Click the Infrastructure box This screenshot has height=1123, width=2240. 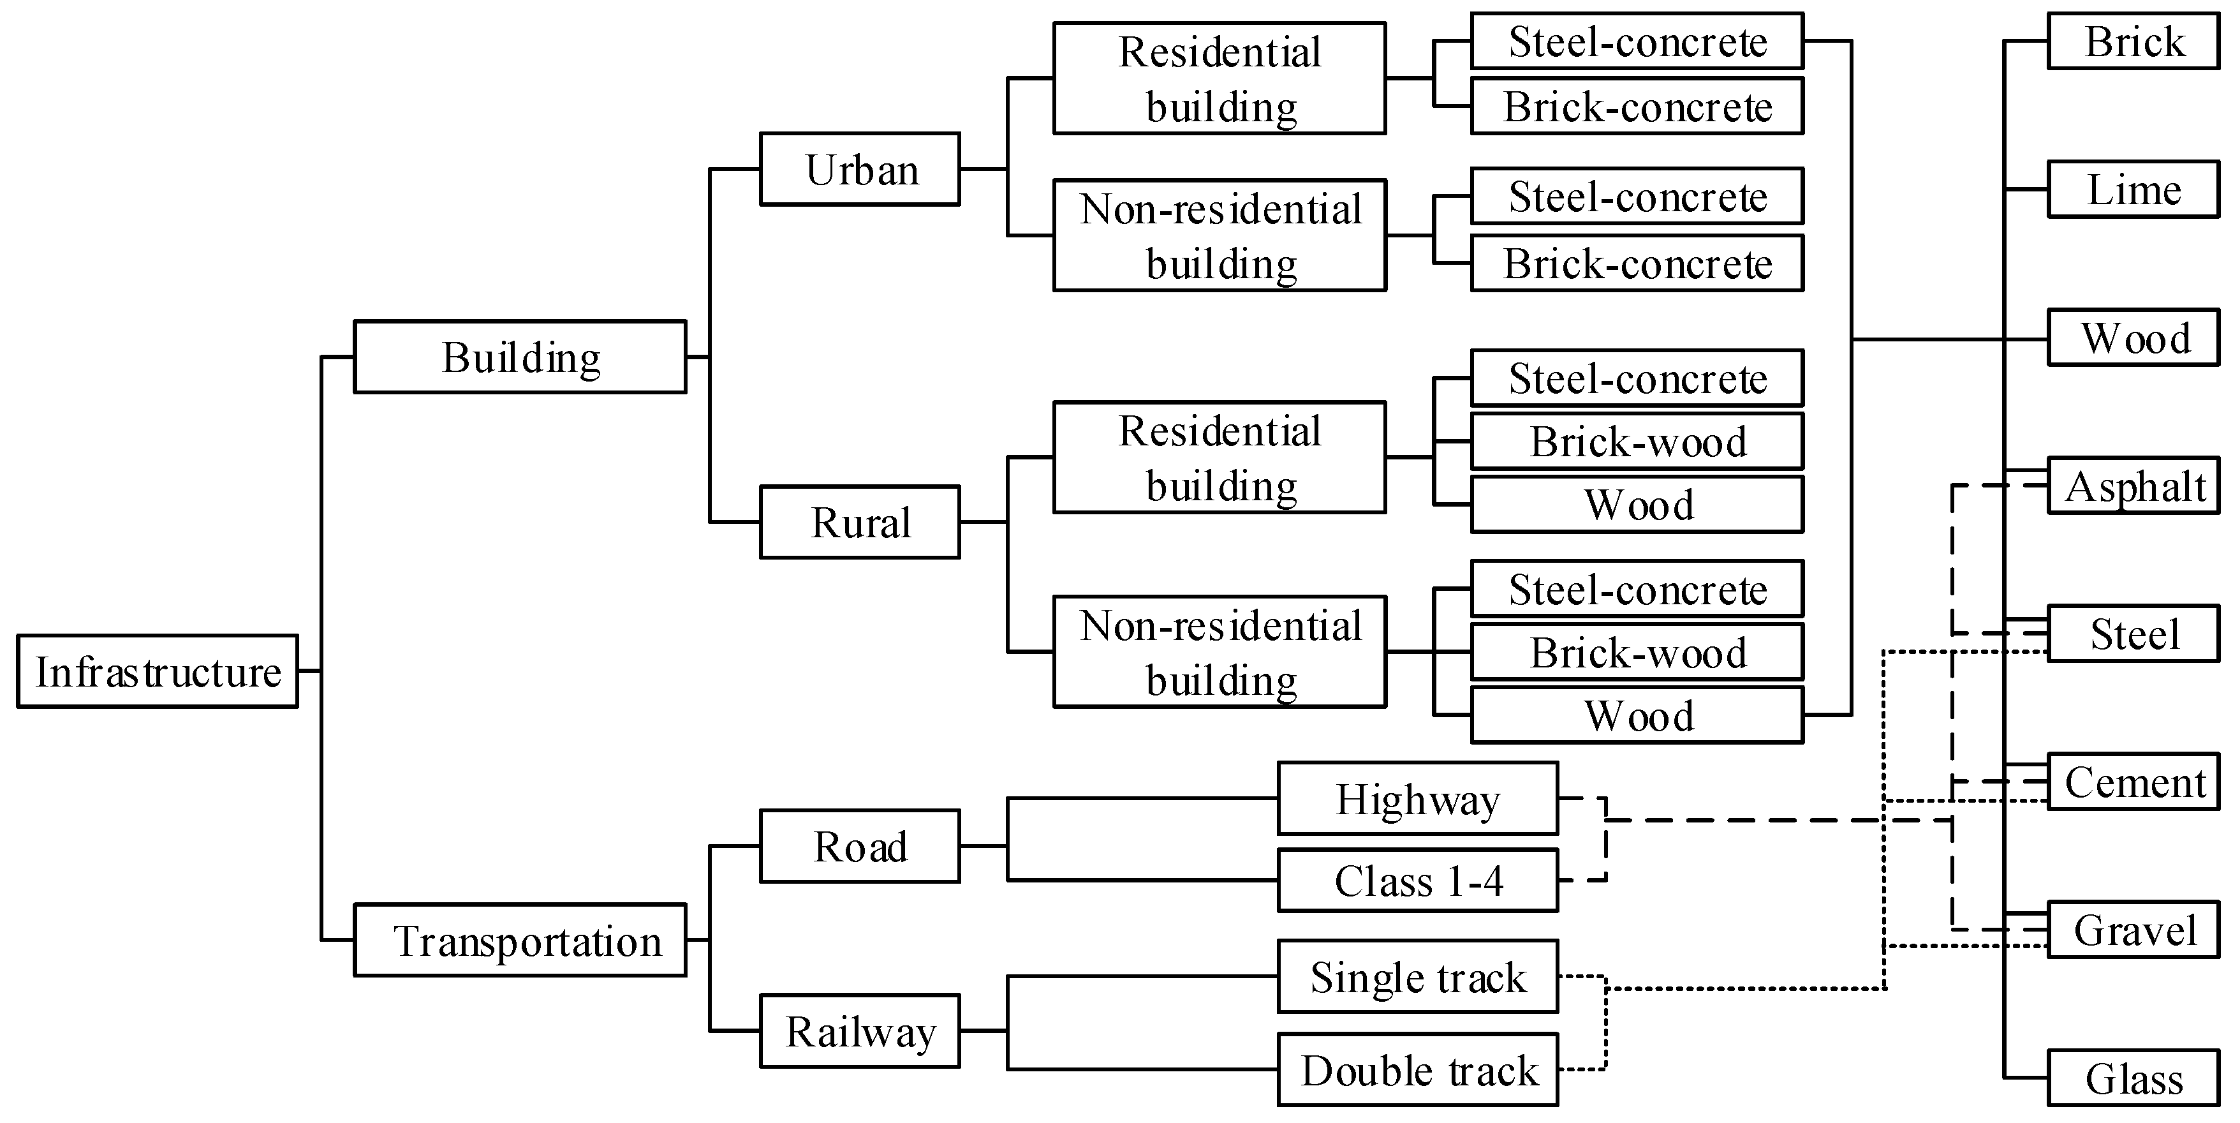point(158,671)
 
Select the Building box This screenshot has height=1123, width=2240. point(520,357)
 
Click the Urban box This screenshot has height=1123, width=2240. point(860,168)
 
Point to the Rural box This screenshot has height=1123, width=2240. point(860,522)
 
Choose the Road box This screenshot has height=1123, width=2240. point(860,845)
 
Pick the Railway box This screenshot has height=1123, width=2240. point(860,1030)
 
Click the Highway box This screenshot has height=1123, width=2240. point(1417,798)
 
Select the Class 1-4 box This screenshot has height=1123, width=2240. point(1417,881)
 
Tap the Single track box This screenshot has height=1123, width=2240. point(1417,976)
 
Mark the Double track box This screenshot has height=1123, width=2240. point(1417,1069)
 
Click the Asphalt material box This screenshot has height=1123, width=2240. point(2133,486)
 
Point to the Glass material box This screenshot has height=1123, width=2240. point(2133,1078)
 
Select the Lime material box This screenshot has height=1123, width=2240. point(2133,189)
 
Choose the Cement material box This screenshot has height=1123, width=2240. point(2133,781)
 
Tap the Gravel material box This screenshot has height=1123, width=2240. point(2133,930)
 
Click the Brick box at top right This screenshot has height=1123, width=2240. point(2133,41)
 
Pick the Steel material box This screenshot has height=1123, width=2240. point(2133,633)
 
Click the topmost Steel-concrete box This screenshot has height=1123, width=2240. point(1637,41)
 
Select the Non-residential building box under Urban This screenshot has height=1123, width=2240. point(1219,235)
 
